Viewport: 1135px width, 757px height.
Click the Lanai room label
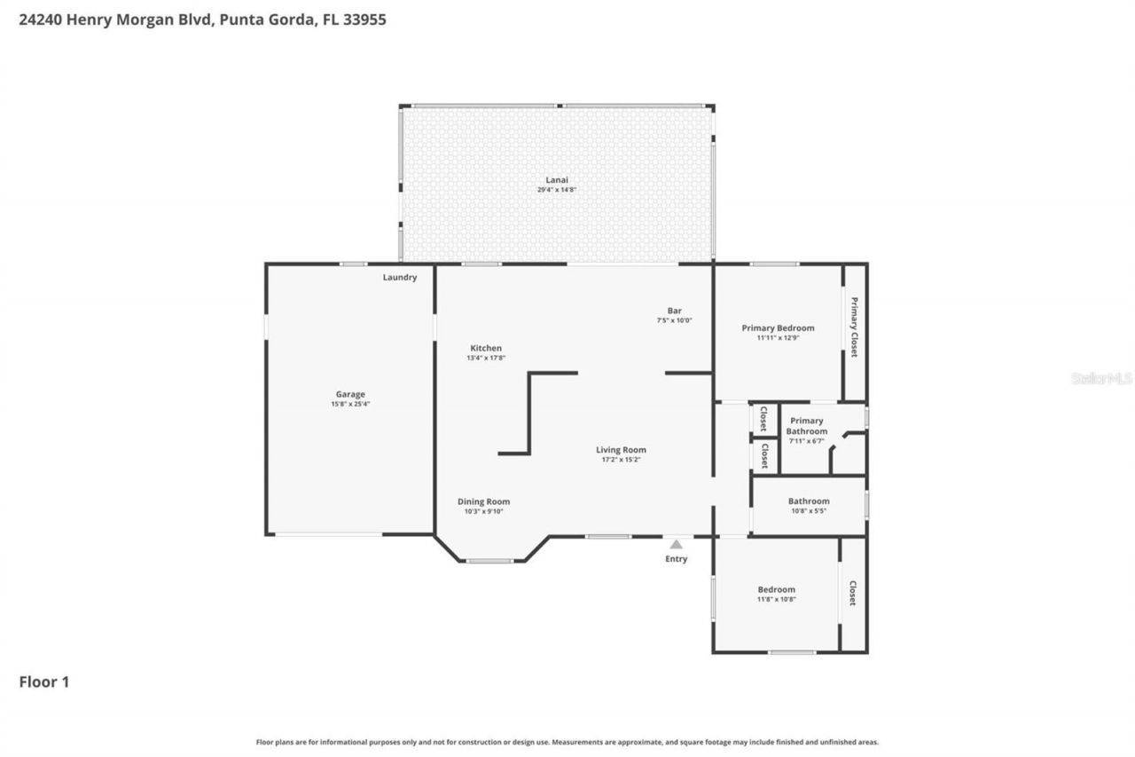pyautogui.click(x=556, y=179)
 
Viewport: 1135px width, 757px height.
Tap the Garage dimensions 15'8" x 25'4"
pyautogui.click(x=349, y=405)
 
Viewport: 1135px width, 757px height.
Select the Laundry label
pyautogui.click(x=400, y=277)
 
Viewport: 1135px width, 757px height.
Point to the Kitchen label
pyautogui.click(x=486, y=348)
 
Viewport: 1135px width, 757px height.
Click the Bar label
pyautogui.click(x=674, y=311)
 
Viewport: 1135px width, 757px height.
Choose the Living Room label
pyautogui.click(x=621, y=450)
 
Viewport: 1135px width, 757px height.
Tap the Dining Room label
pyautogui.click(x=483, y=501)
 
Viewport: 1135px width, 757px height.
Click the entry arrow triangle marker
pyautogui.click(x=676, y=544)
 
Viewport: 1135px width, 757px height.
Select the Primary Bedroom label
pyautogui.click(x=778, y=327)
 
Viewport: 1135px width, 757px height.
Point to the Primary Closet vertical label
pyautogui.click(x=854, y=327)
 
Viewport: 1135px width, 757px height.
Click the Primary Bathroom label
pyautogui.click(x=806, y=426)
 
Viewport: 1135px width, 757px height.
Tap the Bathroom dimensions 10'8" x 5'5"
pyautogui.click(x=809, y=511)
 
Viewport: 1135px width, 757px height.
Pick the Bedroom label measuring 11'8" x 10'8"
pyautogui.click(x=776, y=589)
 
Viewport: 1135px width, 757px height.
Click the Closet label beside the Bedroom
pyautogui.click(x=852, y=593)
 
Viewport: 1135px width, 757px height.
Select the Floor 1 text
pyautogui.click(x=44, y=682)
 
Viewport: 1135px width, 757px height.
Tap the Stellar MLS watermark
pyautogui.click(x=1101, y=378)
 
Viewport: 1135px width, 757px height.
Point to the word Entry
pyautogui.click(x=676, y=559)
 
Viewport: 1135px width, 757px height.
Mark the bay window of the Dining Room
pyautogui.click(x=490, y=561)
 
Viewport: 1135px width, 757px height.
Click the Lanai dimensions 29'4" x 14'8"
pyautogui.click(x=556, y=190)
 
